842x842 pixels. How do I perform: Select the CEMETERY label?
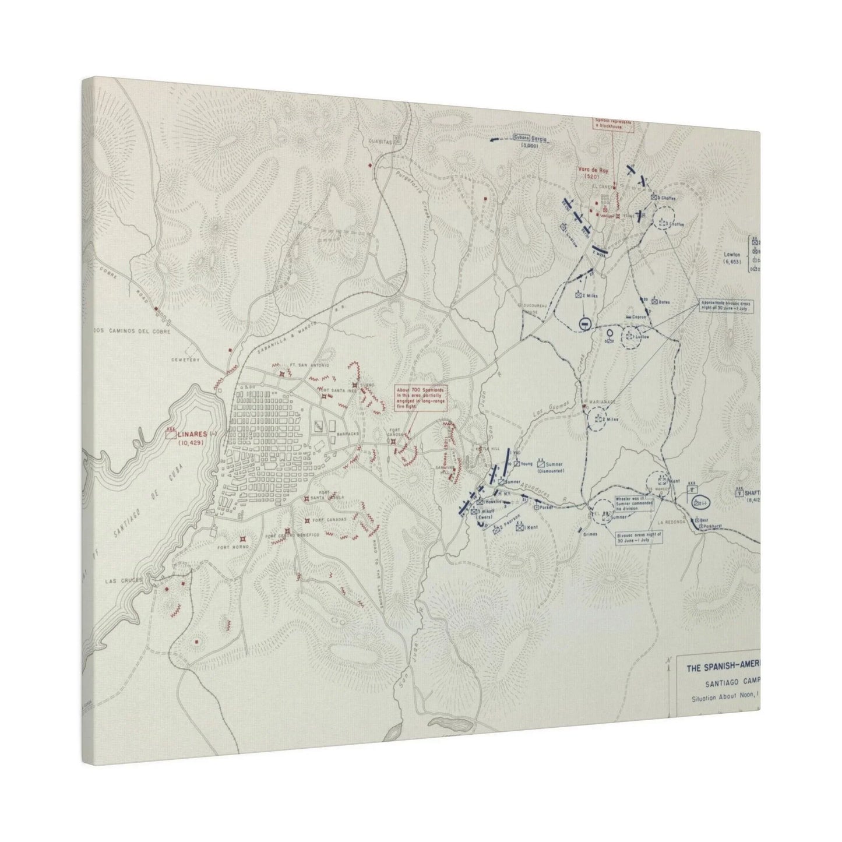(x=186, y=360)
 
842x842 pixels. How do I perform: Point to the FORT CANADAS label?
(x=329, y=519)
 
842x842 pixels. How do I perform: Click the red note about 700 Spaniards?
(x=419, y=399)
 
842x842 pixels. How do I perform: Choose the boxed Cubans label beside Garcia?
(x=521, y=138)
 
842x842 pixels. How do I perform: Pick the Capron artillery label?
(x=639, y=317)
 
